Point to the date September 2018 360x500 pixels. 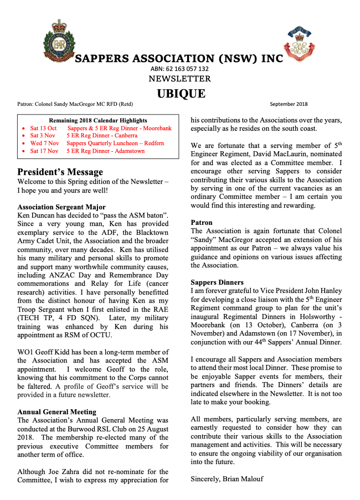(x=289, y=104)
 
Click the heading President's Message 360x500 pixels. (x=60, y=172)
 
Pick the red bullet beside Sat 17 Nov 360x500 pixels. (x=22, y=151)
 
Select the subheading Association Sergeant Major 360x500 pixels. (x=61, y=207)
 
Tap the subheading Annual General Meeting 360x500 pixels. (x=56, y=411)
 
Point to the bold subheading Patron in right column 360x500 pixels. (x=201, y=222)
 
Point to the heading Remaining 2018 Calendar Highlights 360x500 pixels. (x=98, y=120)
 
